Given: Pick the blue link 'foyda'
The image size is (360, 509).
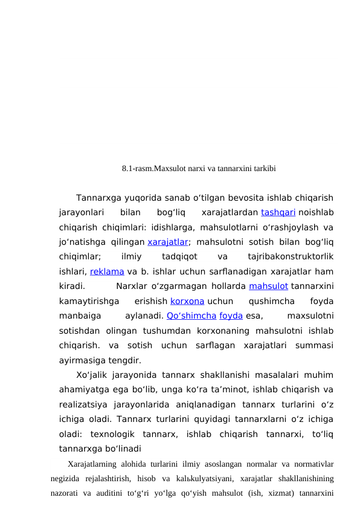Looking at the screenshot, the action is (x=232, y=315).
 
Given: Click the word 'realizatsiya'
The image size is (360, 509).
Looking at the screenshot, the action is (x=85, y=404).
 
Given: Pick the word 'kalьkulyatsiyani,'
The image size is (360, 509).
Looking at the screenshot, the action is (x=183, y=479).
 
